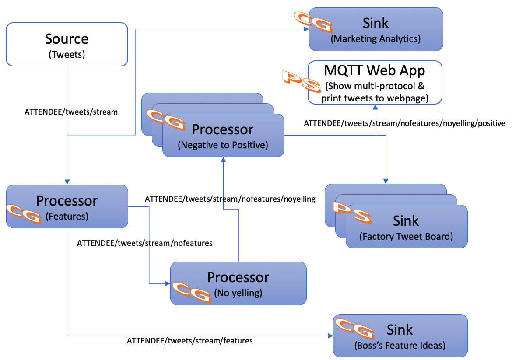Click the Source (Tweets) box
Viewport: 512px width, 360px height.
pyautogui.click(x=67, y=45)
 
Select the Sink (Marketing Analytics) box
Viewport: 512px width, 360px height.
pyautogui.click(x=376, y=29)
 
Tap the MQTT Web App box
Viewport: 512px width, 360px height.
pyautogui.click(x=375, y=82)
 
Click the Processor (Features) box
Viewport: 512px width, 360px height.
pyautogui.click(x=67, y=206)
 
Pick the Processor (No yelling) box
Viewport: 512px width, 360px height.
pyautogui.click(x=238, y=283)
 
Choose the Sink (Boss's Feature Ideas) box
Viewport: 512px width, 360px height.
pyautogui.click(x=400, y=336)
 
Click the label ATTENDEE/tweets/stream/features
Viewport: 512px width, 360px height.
pyautogui.click(x=189, y=340)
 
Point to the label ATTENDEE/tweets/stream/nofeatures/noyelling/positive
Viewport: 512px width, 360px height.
pyautogui.click(x=404, y=123)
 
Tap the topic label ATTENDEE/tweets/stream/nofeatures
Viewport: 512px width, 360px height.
pyautogui.click(x=144, y=243)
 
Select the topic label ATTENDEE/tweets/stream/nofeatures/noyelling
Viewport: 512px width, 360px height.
pyautogui.click(x=230, y=199)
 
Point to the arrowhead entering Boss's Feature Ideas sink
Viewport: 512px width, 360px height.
pyautogui.click(x=330, y=336)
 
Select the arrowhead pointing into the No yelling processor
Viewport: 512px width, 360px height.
pyautogui.click(x=168, y=283)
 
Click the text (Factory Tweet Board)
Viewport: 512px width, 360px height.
pyautogui.click(x=406, y=237)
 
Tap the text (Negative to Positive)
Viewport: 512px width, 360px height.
pyautogui.click(x=223, y=145)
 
